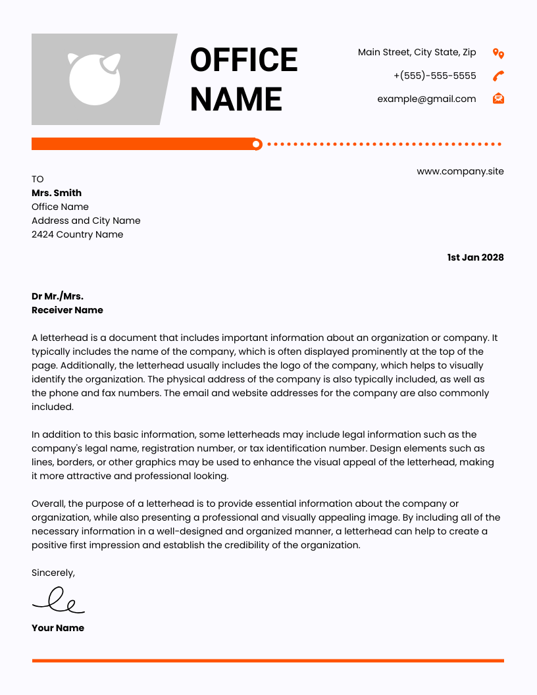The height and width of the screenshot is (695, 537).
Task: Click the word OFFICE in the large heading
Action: tap(243, 60)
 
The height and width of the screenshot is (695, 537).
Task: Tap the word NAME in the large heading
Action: tap(236, 99)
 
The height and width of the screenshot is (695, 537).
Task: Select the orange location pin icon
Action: tap(498, 53)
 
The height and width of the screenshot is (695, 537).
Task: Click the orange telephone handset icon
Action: tap(498, 76)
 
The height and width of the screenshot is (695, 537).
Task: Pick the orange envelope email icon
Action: tap(498, 99)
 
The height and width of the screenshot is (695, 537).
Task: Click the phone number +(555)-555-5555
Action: tap(434, 76)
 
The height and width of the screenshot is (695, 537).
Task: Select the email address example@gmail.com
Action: tap(426, 99)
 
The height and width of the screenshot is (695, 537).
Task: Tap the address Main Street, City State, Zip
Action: tap(417, 52)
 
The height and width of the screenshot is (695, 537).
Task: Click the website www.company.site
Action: tap(460, 171)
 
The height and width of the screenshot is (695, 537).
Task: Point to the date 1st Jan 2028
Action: tap(475, 257)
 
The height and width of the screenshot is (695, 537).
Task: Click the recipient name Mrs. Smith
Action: tap(57, 193)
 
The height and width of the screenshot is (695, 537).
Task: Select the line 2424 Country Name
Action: tap(77, 234)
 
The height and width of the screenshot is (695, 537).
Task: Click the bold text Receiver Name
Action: tap(67, 310)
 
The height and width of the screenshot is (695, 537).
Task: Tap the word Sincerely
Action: tap(53, 573)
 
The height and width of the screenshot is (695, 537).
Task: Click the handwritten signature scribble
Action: tap(59, 600)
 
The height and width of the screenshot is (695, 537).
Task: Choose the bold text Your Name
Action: tap(58, 628)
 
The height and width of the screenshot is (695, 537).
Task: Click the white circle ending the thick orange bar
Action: tap(257, 144)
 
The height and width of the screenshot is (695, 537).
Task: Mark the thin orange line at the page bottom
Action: tap(268, 660)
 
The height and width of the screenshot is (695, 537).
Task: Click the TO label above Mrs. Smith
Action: tap(38, 179)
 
